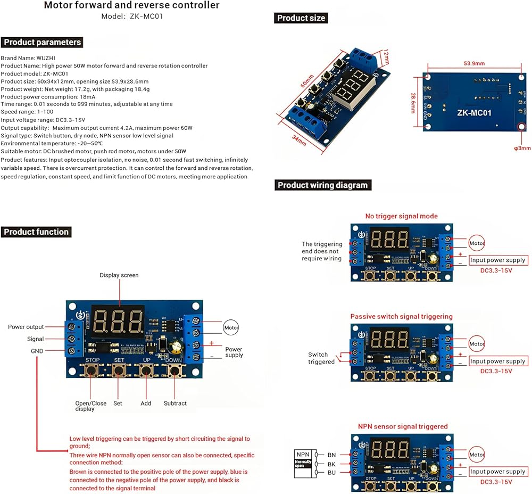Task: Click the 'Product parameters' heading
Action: click(x=42, y=42)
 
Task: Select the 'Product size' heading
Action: click(x=301, y=18)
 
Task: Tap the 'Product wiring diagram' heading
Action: click(x=322, y=185)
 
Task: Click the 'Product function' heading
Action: click(x=36, y=232)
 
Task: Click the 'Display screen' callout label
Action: click(x=119, y=275)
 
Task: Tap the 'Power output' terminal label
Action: click(x=26, y=327)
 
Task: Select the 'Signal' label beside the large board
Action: click(x=35, y=339)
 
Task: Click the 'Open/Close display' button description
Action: click(x=91, y=406)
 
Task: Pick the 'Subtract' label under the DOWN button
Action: click(x=175, y=404)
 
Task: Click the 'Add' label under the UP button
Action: click(x=146, y=404)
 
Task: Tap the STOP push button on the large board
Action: click(x=93, y=370)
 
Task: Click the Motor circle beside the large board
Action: click(x=231, y=327)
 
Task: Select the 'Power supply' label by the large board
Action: click(x=234, y=352)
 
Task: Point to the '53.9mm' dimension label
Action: click(x=473, y=63)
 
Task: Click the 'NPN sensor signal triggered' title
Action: click(x=403, y=426)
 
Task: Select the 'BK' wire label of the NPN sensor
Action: click(x=331, y=464)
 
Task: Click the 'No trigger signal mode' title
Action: click(x=401, y=216)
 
